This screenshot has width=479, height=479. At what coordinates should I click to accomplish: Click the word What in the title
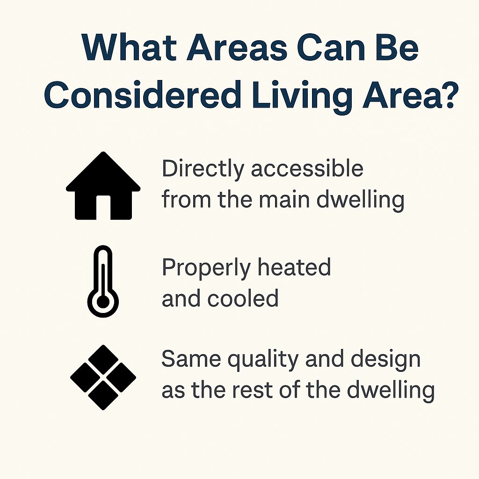[x=129, y=47]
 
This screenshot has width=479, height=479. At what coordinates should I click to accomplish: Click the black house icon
[x=103, y=186]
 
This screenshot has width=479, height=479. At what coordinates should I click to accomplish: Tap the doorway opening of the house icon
[x=103, y=207]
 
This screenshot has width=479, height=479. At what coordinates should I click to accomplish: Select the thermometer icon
[x=103, y=281]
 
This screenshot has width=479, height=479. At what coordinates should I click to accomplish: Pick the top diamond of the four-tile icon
[x=103, y=359]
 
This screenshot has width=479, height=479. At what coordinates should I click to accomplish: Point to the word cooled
[x=243, y=298]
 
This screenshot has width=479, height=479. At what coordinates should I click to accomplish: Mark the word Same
[x=191, y=359]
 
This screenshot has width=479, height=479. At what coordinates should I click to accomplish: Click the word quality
[x=263, y=361]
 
